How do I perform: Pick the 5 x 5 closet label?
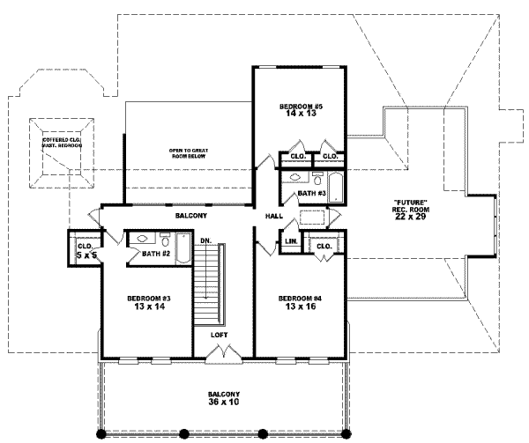coord(85,255)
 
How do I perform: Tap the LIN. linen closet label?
coord(289,240)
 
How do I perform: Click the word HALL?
coord(274,216)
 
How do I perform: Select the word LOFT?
coord(220,336)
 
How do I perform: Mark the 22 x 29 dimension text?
coord(411,217)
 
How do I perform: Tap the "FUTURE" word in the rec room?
coord(411,202)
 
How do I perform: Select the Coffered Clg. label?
coord(61,140)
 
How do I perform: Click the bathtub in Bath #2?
coord(183,247)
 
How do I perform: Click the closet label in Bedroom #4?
coord(323,247)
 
